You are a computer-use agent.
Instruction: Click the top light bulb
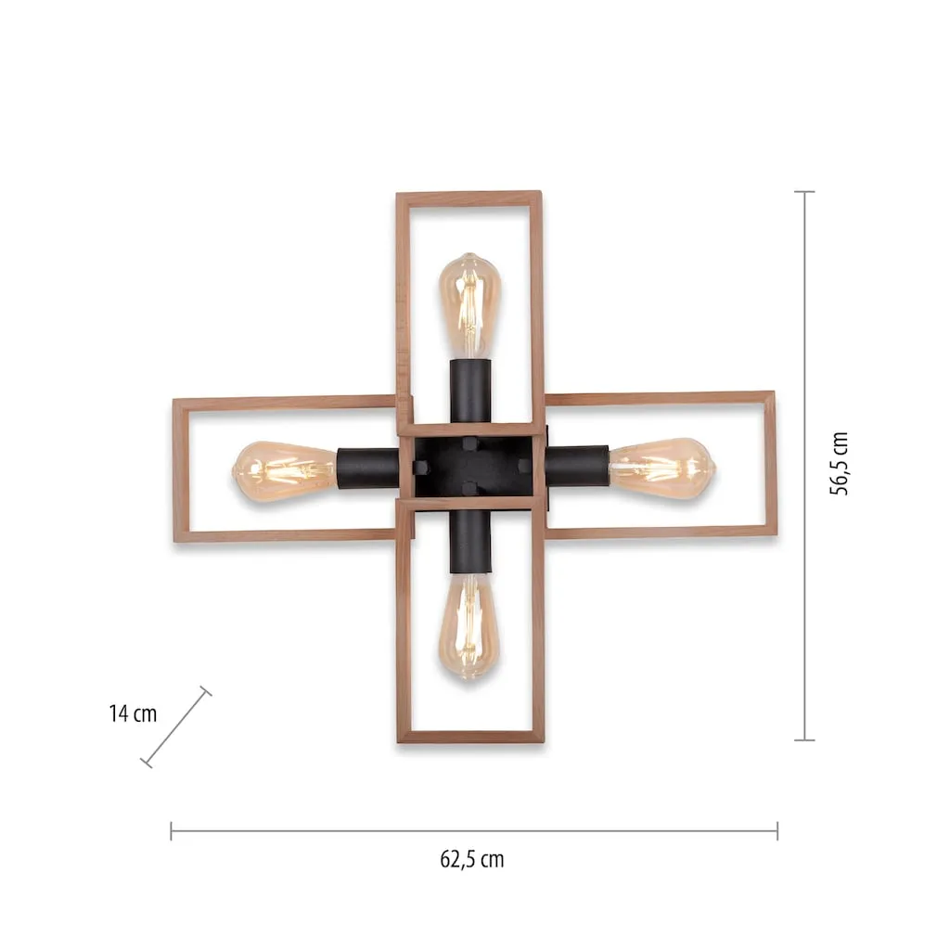(469, 306)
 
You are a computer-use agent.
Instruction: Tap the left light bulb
(285, 472)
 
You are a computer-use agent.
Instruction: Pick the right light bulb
(662, 469)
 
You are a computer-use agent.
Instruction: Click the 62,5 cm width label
(472, 859)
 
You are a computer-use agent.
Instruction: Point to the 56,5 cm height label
(839, 464)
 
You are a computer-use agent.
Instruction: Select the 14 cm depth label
(133, 713)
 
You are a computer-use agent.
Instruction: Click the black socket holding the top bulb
(470, 392)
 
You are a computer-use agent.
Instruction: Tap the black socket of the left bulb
(367, 468)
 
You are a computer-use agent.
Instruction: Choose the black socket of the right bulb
(577, 466)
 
